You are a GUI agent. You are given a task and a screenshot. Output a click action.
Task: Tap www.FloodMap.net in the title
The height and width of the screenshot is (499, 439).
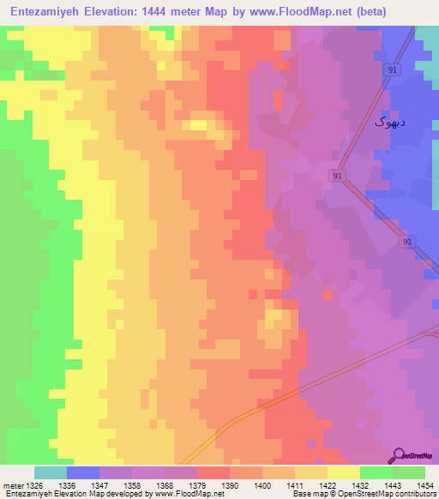click(x=284, y=12)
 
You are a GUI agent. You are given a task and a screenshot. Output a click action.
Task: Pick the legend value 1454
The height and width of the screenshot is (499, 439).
click(x=424, y=484)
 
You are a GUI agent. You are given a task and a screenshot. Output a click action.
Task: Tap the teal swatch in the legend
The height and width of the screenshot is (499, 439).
click(x=51, y=472)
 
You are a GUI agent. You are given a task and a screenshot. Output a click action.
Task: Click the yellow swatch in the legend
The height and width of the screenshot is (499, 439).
click(x=344, y=472)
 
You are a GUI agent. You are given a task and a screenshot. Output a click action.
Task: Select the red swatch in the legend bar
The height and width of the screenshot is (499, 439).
click(x=213, y=472)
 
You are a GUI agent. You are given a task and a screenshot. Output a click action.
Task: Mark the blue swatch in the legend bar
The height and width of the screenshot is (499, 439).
click(x=83, y=472)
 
